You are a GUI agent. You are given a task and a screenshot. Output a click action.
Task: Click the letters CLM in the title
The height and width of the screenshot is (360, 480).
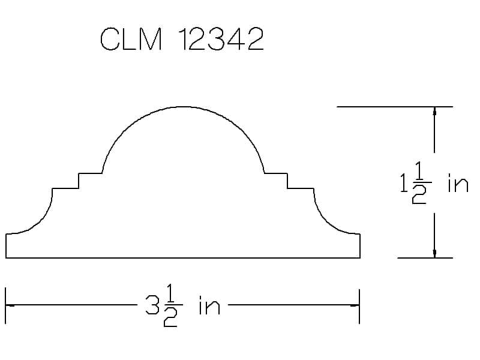tap(131, 39)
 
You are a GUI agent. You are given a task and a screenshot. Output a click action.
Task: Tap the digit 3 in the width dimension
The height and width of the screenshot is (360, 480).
tap(152, 305)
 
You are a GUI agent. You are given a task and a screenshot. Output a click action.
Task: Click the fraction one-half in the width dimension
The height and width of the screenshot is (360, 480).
tap(172, 305)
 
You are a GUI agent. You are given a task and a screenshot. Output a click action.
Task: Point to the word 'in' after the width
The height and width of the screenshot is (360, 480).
tap(209, 305)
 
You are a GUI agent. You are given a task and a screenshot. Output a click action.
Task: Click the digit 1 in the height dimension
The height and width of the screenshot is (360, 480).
tap(403, 183)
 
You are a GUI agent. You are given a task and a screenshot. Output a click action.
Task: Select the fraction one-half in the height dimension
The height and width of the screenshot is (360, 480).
tap(421, 183)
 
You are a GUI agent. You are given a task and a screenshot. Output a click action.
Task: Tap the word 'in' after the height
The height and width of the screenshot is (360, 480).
tap(458, 183)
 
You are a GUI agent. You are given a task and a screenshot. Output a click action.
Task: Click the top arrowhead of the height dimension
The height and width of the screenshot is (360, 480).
tap(434, 111)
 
